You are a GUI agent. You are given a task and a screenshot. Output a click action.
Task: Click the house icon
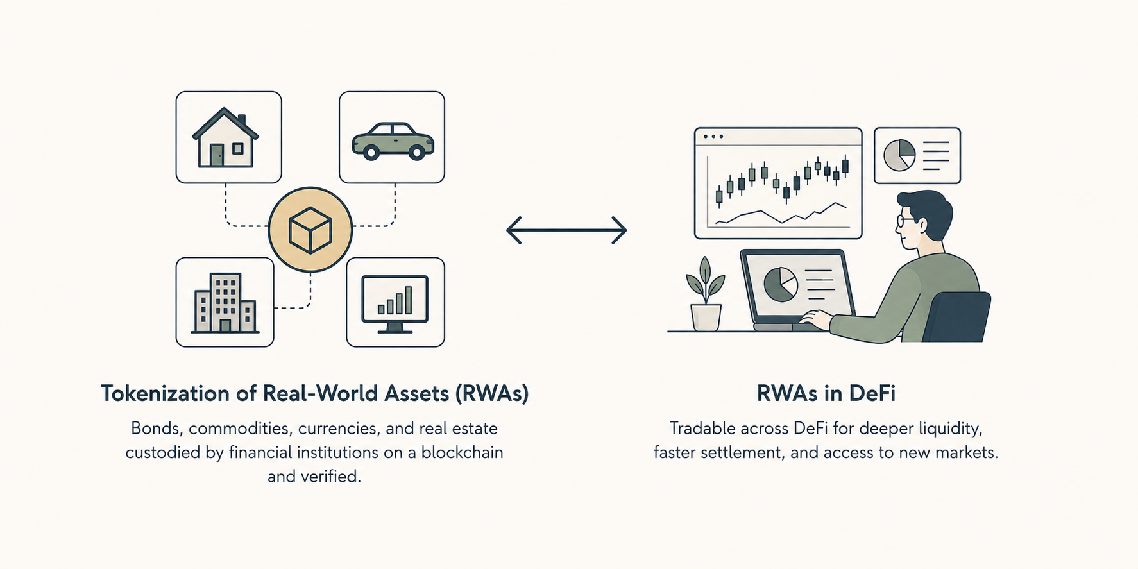click(225, 137)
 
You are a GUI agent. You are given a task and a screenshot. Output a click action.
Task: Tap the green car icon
click(393, 140)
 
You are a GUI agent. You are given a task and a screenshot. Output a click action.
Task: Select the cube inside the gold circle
click(310, 230)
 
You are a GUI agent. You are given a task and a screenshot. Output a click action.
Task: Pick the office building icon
click(225, 303)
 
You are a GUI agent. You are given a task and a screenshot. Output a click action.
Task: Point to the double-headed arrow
click(566, 230)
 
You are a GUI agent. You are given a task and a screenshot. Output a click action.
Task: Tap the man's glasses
click(906, 221)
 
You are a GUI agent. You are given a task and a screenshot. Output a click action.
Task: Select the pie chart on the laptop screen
click(780, 284)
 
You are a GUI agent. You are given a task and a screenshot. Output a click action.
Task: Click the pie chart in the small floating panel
click(899, 155)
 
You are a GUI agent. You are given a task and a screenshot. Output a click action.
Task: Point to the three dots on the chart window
click(713, 137)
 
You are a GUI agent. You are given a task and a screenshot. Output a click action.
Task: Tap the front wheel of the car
click(416, 152)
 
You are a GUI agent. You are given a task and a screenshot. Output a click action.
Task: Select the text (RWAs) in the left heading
click(492, 393)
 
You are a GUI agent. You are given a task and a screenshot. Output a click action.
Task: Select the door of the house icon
click(217, 155)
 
